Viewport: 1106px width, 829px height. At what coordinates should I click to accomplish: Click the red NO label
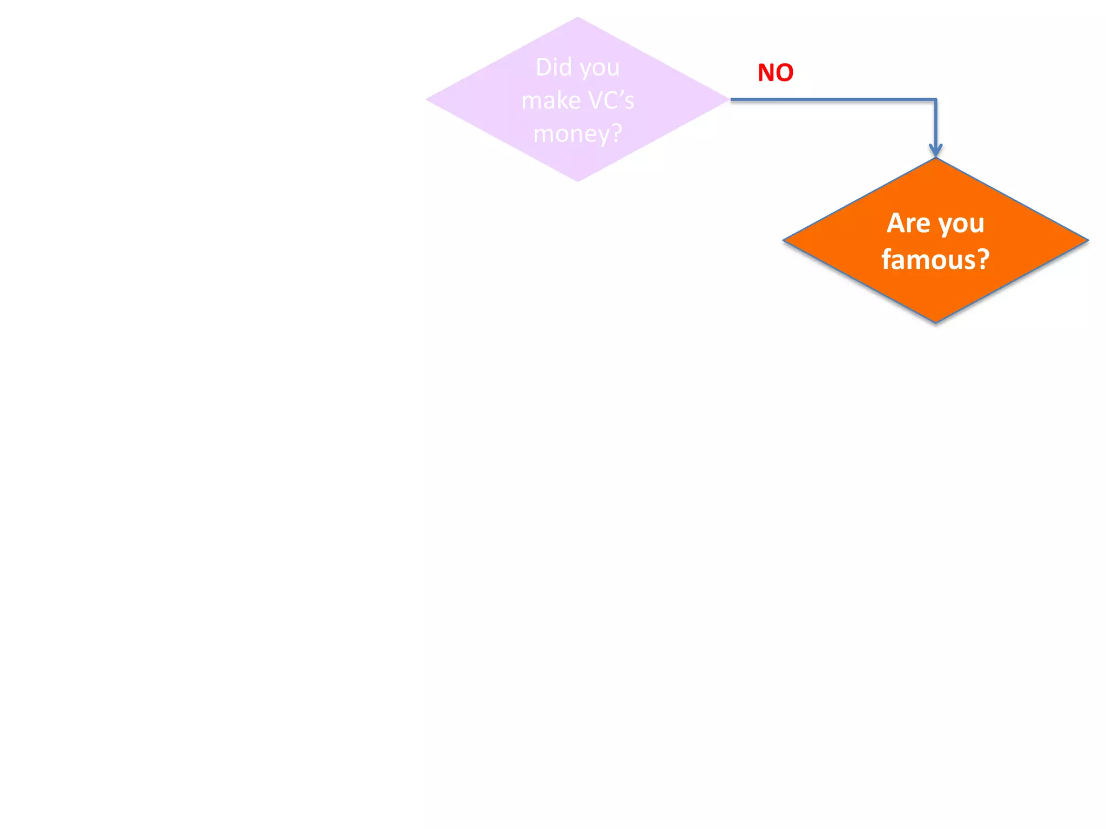[775, 72]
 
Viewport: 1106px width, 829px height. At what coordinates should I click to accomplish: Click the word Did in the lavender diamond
[554, 67]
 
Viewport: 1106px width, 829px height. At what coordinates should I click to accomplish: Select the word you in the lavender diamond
[600, 69]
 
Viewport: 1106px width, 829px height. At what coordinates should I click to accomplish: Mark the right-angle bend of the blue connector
[935, 100]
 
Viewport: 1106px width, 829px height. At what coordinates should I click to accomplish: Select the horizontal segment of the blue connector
[832, 99]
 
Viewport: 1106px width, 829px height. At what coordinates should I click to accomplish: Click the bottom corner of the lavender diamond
[578, 180]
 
